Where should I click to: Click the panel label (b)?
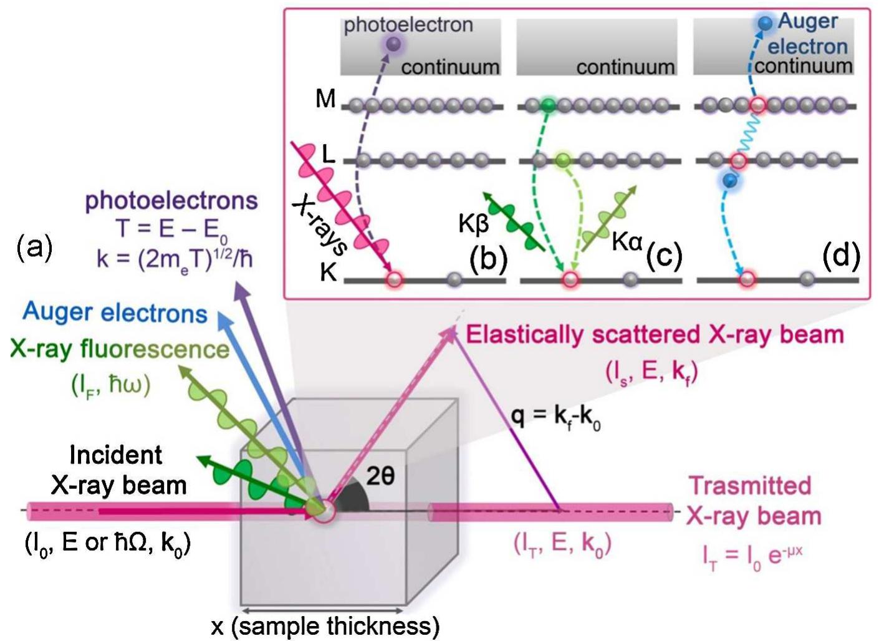pyautogui.click(x=488, y=257)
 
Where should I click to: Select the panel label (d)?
pyautogui.click(x=840, y=255)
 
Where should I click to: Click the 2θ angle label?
pyautogui.click(x=380, y=476)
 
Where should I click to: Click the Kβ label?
pyautogui.click(x=473, y=223)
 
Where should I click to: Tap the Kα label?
pyautogui.click(x=627, y=242)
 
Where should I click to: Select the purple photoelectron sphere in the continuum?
pyautogui.click(x=393, y=44)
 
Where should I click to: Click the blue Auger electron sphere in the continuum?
pyautogui.click(x=764, y=24)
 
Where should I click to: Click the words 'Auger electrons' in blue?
pyautogui.click(x=115, y=313)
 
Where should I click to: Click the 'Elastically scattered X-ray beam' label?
pyautogui.click(x=655, y=335)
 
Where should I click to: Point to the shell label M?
pyautogui.click(x=325, y=99)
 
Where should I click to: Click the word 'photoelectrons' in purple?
pyautogui.click(x=171, y=201)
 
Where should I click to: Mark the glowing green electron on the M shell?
pyautogui.click(x=548, y=105)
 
